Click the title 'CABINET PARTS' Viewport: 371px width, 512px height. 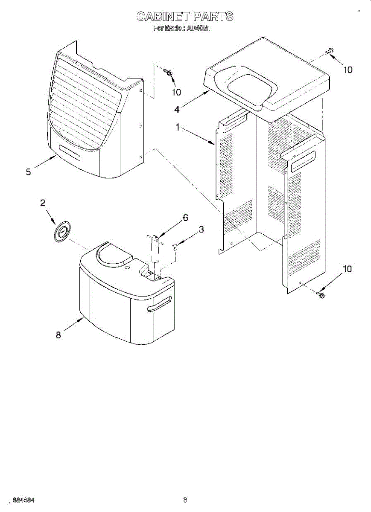pyautogui.click(x=185, y=17)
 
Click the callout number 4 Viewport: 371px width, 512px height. pyautogui.click(x=177, y=109)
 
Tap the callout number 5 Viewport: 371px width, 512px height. pyautogui.click(x=28, y=172)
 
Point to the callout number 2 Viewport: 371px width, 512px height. pyautogui.click(x=43, y=203)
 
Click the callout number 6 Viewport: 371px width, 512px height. pyautogui.click(x=185, y=218)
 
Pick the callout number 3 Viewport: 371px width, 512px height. pyautogui.click(x=201, y=230)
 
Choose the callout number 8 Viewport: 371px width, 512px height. pyautogui.click(x=58, y=335)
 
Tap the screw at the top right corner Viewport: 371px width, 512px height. pyautogui.click(x=329, y=52)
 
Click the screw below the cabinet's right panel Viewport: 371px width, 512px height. pyautogui.click(x=321, y=294)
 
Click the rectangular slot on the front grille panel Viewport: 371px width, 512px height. pyautogui.click(x=69, y=152)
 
